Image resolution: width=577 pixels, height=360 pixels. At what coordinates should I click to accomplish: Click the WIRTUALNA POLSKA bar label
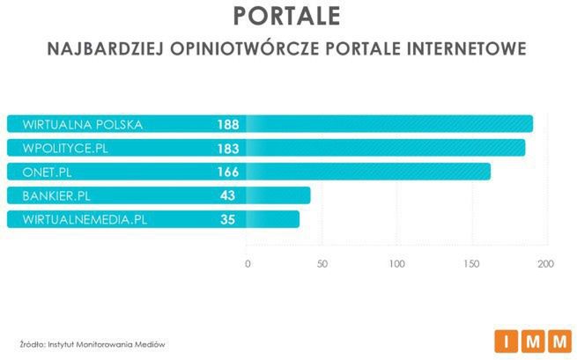(x=83, y=124)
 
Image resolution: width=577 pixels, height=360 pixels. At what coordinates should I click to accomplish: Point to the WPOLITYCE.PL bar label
(x=70, y=148)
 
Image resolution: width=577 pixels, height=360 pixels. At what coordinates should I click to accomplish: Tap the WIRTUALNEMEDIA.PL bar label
(x=85, y=219)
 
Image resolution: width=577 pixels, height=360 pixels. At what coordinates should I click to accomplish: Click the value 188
(x=227, y=124)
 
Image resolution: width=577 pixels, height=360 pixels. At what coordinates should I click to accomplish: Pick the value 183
(x=227, y=148)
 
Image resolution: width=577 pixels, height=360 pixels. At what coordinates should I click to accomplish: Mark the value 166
(x=227, y=172)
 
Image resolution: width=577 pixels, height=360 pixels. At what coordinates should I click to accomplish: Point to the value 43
(x=227, y=195)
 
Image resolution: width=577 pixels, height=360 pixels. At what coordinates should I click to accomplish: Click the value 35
(x=227, y=219)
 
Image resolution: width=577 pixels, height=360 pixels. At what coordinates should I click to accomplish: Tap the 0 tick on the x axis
(x=248, y=263)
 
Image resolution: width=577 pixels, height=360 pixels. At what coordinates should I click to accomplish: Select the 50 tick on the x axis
(x=322, y=263)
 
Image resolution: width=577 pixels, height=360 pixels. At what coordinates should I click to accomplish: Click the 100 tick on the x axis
(x=396, y=263)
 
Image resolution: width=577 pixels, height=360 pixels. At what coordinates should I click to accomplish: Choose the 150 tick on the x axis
(x=471, y=263)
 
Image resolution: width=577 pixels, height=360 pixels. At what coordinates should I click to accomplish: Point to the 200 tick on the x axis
(x=545, y=263)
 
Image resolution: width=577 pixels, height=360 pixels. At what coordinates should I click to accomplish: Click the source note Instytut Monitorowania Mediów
(x=93, y=343)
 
